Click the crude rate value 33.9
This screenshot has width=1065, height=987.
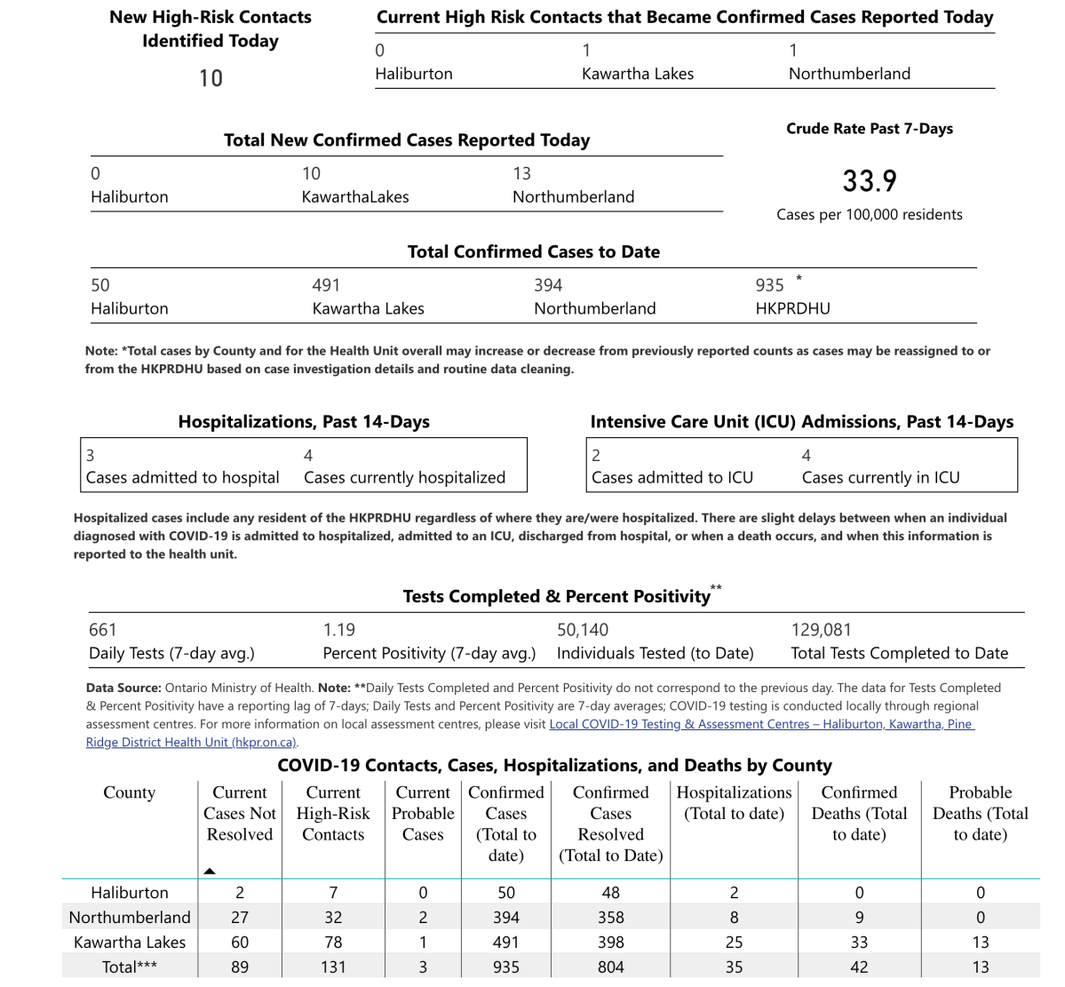870,181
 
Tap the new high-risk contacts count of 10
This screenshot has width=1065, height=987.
211,78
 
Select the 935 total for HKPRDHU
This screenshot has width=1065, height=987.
769,285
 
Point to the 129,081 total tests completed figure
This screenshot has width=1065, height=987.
821,630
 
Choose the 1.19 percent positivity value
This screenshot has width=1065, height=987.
338,630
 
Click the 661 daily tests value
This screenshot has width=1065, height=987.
103,630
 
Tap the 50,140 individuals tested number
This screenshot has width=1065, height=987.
583,630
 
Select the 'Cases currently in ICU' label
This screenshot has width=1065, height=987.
880,477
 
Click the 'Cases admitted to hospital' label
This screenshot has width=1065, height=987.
182,477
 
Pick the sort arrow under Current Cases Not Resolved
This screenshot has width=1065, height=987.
210,871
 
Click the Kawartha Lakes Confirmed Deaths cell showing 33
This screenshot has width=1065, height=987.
859,942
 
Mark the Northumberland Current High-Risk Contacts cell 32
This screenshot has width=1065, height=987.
333,917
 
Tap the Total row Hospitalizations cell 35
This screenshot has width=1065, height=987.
734,967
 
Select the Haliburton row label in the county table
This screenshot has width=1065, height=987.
130,892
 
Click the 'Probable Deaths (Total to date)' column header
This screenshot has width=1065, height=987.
980,813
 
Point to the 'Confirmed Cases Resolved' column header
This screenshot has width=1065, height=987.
610,824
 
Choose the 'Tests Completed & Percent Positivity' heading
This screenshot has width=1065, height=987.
556,596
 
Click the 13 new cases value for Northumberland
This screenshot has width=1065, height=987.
521,173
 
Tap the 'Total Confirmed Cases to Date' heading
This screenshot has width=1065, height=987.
533,251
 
